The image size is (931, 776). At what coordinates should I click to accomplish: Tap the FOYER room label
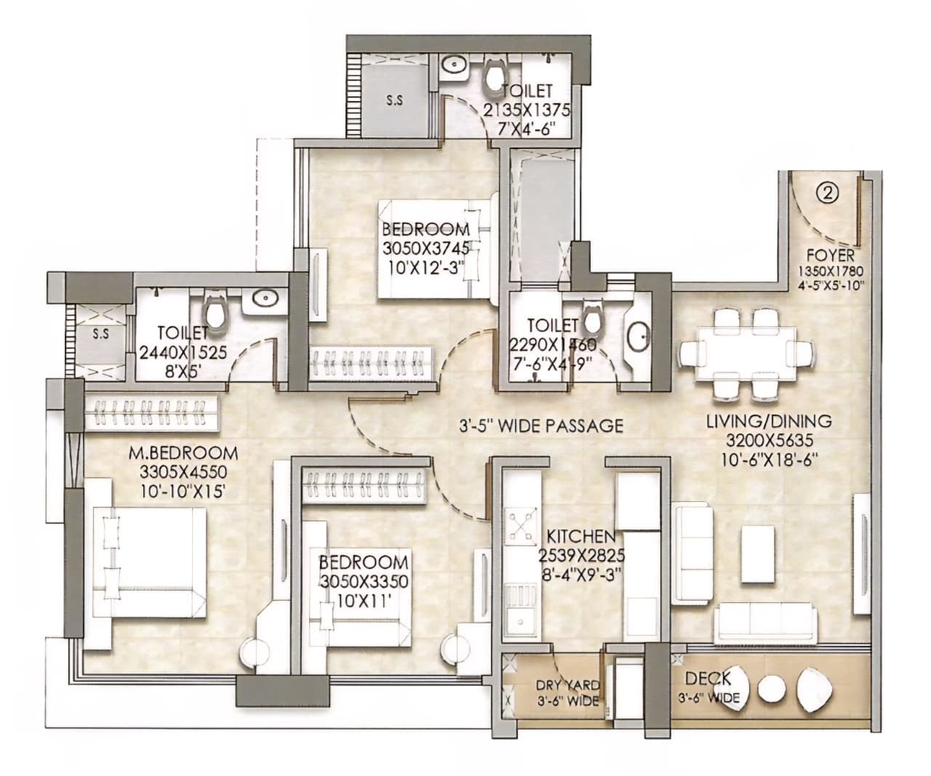click(x=830, y=256)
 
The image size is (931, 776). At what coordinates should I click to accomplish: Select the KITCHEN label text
click(x=581, y=536)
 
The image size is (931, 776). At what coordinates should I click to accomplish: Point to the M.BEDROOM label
click(x=183, y=454)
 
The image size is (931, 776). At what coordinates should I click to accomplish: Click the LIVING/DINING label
click(x=769, y=421)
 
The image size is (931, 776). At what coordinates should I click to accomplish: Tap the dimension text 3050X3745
click(x=425, y=249)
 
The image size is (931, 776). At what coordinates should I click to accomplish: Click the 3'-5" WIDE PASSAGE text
click(x=541, y=425)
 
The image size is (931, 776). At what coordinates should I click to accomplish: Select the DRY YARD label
click(x=567, y=684)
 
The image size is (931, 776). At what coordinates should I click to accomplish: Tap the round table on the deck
click(x=771, y=692)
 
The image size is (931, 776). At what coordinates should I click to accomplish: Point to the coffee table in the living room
click(x=758, y=553)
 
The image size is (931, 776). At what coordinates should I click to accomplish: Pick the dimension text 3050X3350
click(x=364, y=582)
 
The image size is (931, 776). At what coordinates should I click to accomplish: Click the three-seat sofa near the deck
click(x=766, y=623)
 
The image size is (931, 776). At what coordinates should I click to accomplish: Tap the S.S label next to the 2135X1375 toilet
click(x=394, y=101)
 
